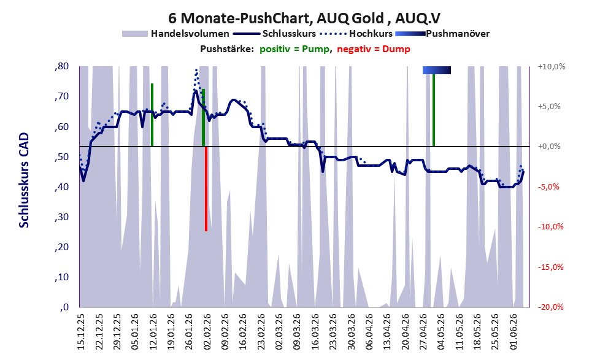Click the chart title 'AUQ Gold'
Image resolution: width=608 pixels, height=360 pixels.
pyautogui.click(x=350, y=18)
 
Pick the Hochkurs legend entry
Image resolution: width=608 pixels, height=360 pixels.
pyautogui.click(x=356, y=34)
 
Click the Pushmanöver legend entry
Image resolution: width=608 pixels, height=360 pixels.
pyautogui.click(x=442, y=34)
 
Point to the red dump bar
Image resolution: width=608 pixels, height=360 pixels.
pyautogui.click(x=206, y=189)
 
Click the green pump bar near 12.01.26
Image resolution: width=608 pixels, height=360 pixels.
pyautogui.click(x=152, y=115)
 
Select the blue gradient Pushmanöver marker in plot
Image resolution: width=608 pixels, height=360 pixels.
pyautogui.click(x=437, y=70)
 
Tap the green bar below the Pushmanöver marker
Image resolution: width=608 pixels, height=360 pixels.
pyautogui.click(x=434, y=110)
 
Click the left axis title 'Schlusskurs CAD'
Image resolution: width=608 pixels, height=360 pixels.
pyautogui.click(x=24, y=180)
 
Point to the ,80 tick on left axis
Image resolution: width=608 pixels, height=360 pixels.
pyautogui.click(x=61, y=66)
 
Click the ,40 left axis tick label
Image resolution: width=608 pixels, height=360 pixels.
pyautogui.click(x=61, y=187)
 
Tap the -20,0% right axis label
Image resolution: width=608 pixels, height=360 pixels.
pyautogui.click(x=550, y=307)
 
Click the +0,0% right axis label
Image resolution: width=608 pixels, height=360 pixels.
pyautogui.click(x=549, y=147)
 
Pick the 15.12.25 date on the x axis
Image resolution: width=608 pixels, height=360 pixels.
pyautogui.click(x=81, y=332)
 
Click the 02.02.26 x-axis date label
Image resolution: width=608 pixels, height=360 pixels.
pyautogui.click(x=207, y=332)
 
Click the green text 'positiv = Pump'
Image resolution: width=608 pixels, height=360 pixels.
pyautogui.click(x=294, y=49)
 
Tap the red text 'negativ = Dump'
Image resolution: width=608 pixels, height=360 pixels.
pyautogui.click(x=374, y=49)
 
